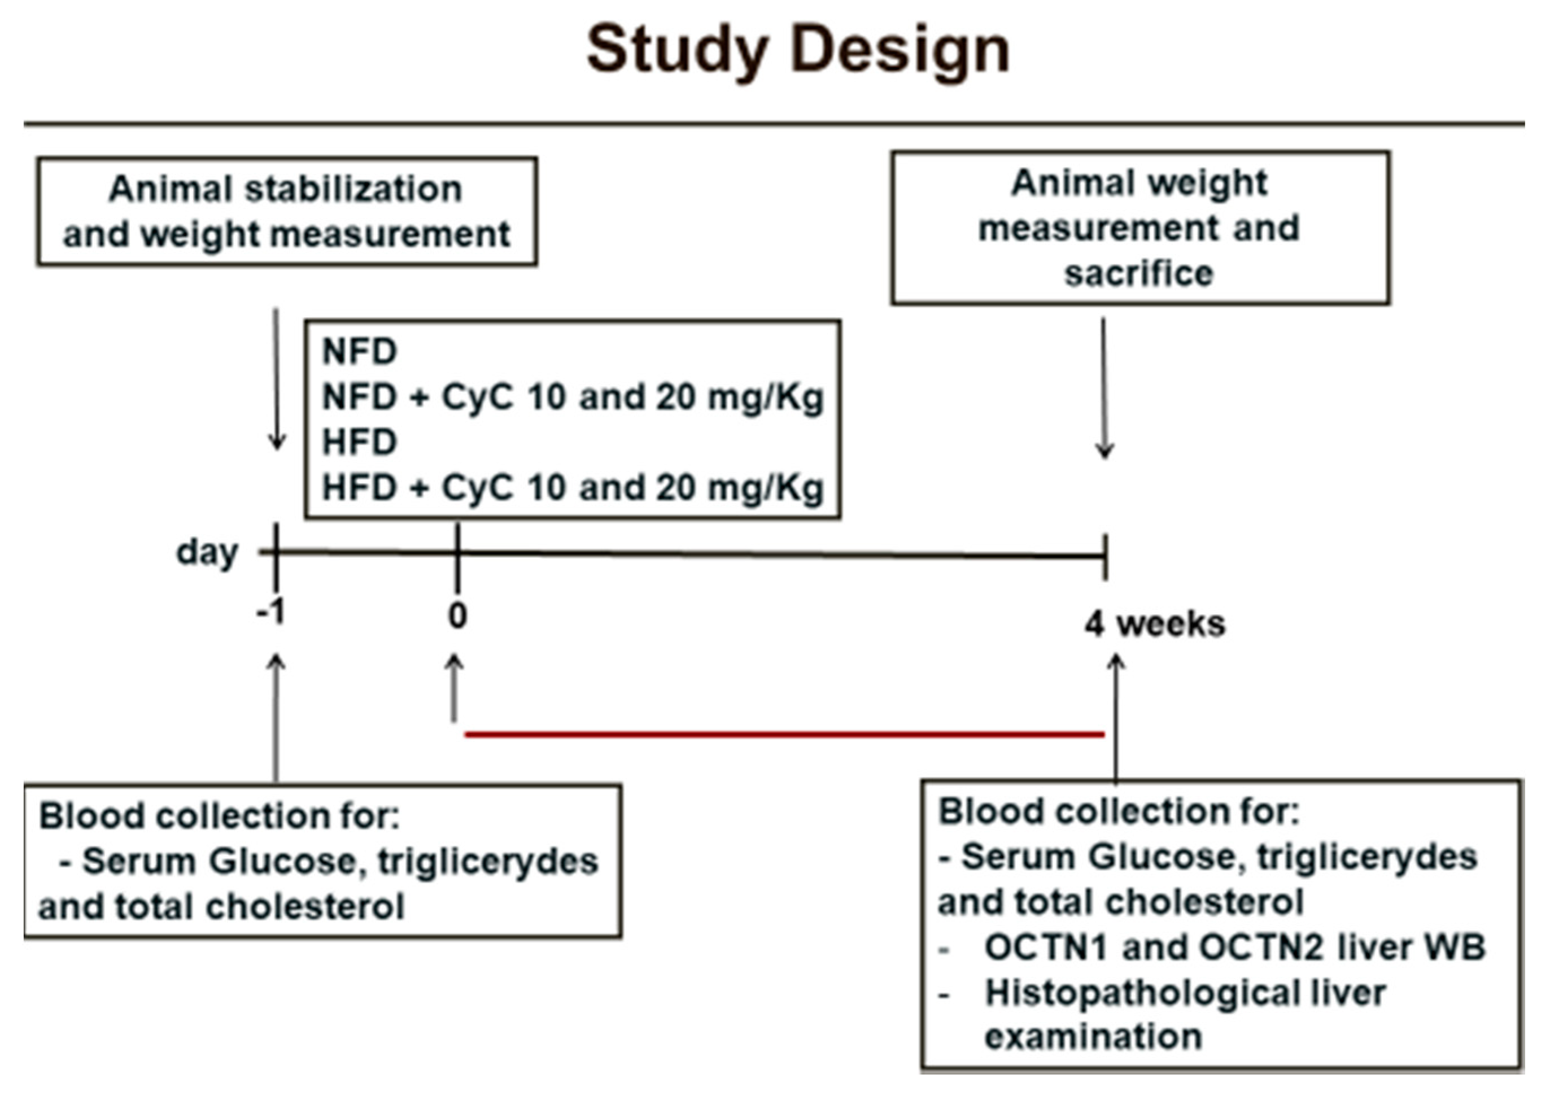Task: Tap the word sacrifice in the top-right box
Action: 1139,273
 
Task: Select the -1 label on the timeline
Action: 272,613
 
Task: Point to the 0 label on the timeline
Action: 457,615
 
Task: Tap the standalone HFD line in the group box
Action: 359,442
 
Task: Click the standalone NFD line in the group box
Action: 359,352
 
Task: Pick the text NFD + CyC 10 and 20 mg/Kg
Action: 573,397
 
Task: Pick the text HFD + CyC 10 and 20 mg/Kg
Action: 573,487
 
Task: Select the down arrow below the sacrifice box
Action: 1104,388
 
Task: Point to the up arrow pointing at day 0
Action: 455,688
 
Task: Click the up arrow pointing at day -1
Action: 276,715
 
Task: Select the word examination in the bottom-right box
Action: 1093,1037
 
